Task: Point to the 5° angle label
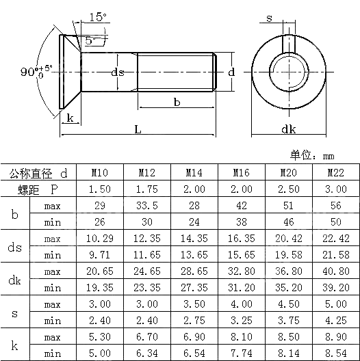pos(91,41)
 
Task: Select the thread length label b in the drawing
pos(177,102)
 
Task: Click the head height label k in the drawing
pos(70,118)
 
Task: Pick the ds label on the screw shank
pos(118,72)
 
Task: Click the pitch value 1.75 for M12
pos(146,189)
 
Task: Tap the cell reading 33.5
pos(146,206)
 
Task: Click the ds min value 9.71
pos(99,255)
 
